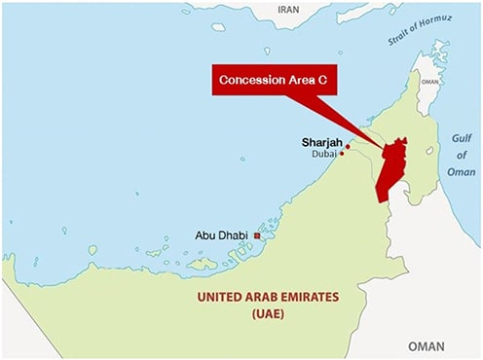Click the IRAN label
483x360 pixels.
pos(289,9)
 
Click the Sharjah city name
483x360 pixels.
pos(321,143)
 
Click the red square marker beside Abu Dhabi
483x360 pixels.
pos(257,234)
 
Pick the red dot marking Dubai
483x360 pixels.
pos(342,153)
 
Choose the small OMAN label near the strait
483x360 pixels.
pos(428,83)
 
